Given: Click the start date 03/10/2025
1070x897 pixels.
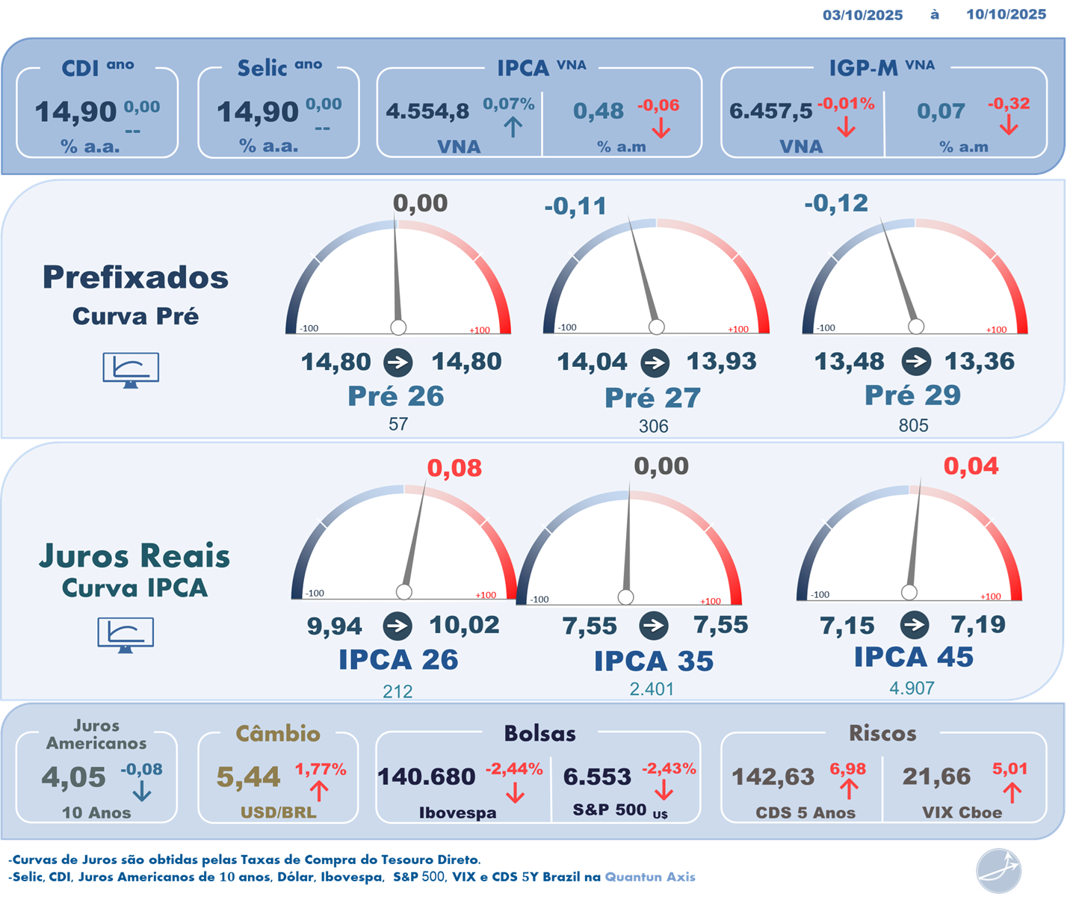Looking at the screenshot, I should pos(862,15).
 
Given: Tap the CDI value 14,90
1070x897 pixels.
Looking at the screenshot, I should pos(75,112).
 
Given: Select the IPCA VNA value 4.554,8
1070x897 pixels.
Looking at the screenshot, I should pos(427,111).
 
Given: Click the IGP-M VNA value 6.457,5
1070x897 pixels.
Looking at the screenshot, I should pos(770,111).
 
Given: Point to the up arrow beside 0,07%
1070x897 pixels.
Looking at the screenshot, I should pos(513,127).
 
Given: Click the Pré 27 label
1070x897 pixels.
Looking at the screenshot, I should pos(652,398).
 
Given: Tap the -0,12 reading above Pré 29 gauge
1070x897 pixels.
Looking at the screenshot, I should pos(835,203).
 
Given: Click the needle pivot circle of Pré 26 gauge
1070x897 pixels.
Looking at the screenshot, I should pos(398,327).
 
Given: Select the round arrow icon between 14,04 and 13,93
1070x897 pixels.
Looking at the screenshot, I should pos(655,363).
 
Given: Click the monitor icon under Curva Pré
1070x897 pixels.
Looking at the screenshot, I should pos(131,369).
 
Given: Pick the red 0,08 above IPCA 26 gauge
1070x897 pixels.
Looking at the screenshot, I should pos(454,469).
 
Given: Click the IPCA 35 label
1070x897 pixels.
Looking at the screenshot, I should pos(653,661).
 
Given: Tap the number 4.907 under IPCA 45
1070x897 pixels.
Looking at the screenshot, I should pos(912,688).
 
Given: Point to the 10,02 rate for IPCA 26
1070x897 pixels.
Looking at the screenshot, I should pos(464,625).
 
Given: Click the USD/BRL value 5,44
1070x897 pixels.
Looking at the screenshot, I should pos(248,777).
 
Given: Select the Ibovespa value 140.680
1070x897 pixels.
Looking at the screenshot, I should pos(426,777).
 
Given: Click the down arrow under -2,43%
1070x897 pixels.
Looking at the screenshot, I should pos(664,790).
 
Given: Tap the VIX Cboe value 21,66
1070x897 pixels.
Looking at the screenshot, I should pos(936,777).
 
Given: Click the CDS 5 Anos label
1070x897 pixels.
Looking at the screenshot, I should pos(805,813).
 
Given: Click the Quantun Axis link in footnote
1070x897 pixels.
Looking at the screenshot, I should pos(650,877).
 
